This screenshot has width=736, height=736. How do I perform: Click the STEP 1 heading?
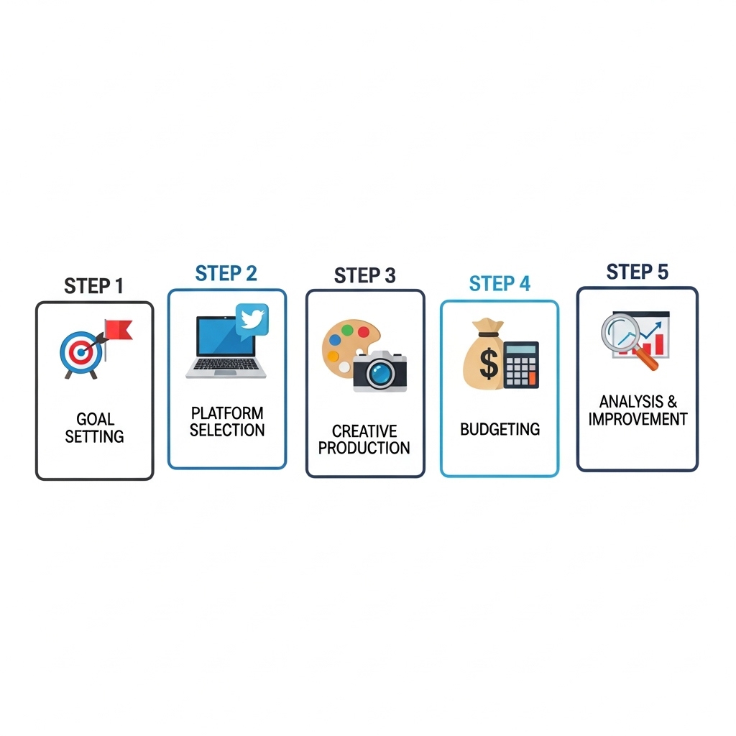click(x=93, y=285)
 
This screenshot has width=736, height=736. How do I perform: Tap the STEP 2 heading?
click(x=226, y=273)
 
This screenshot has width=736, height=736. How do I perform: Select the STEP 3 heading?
click(x=364, y=275)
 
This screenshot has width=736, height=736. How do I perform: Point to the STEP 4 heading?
click(x=500, y=283)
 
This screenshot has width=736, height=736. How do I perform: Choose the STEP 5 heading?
click(x=637, y=272)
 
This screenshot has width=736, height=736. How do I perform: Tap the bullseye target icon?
click(x=80, y=352)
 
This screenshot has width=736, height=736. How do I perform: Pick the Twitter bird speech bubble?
click(x=252, y=319)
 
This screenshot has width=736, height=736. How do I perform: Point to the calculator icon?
click(x=521, y=364)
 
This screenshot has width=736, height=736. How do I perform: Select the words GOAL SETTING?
click(x=94, y=428)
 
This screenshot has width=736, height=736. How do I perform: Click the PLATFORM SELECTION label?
click(x=227, y=422)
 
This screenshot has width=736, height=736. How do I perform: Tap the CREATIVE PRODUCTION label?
click(x=364, y=439)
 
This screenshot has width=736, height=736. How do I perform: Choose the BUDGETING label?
click(x=500, y=429)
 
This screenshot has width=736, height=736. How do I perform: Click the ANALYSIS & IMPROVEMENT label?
click(x=638, y=410)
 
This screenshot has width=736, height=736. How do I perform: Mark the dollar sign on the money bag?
click(x=489, y=365)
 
